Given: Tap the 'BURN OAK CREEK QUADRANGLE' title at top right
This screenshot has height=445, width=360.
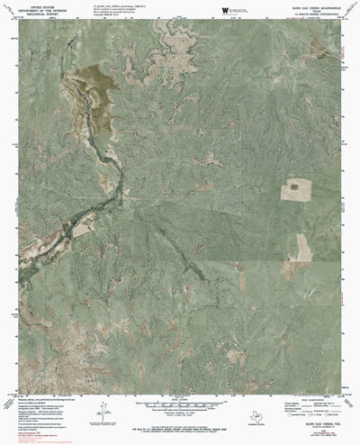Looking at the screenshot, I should point(304,6).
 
